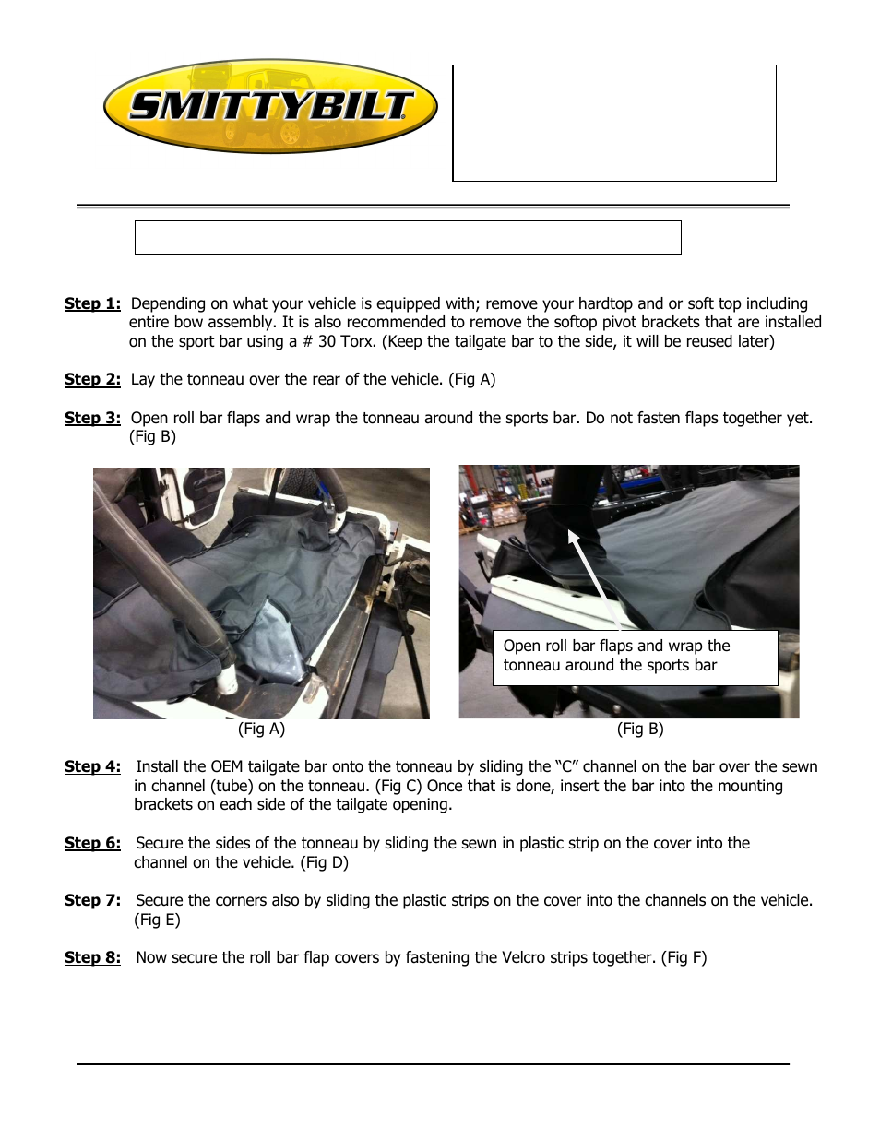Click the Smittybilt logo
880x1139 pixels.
coord(270,107)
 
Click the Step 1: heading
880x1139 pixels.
coord(92,303)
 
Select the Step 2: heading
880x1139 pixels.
coord(92,379)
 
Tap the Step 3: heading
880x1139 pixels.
coord(92,418)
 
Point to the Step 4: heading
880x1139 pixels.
coord(92,766)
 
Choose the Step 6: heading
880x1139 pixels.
coord(92,843)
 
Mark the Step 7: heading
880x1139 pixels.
coord(92,900)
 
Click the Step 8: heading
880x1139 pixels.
coord(92,957)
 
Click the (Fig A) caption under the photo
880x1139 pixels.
coord(261,729)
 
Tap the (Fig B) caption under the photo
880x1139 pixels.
coord(640,729)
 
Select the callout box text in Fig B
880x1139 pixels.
coord(616,656)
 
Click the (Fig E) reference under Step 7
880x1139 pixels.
coord(157,920)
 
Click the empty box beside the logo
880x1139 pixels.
coord(613,123)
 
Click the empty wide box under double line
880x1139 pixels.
coord(408,237)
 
